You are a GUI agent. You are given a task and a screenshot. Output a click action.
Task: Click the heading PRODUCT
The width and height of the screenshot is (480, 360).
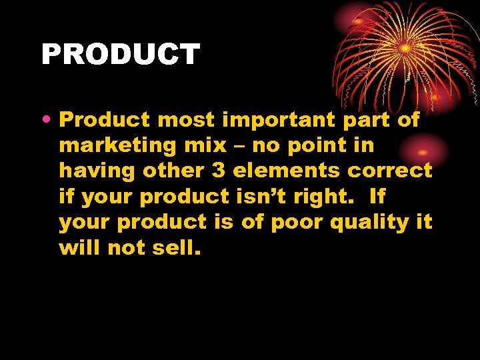coord(120,55)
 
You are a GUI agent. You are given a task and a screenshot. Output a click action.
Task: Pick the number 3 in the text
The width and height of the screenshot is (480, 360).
coord(219,171)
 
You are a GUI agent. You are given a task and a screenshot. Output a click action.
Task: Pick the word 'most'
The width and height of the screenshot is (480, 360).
coord(187,121)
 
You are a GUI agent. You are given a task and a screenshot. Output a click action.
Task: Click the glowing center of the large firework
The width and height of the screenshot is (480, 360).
coord(405,48)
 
